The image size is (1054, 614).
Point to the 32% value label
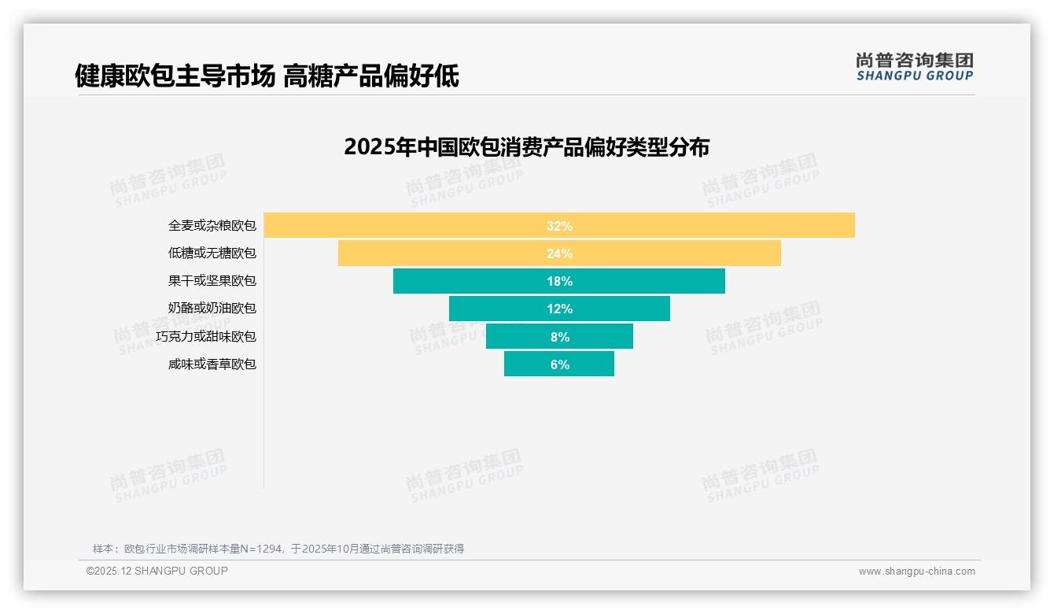[x=559, y=226]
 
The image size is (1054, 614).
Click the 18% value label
[x=559, y=281]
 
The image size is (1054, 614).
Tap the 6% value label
[x=559, y=364]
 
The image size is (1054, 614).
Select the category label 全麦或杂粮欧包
[x=212, y=226]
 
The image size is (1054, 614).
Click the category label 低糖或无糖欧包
[x=212, y=253]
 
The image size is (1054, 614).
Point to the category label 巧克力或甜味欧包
[x=206, y=337]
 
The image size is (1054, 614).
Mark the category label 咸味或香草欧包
[x=212, y=364]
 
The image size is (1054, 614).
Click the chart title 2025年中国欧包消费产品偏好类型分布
[x=526, y=147]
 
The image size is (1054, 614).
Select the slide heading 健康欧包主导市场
[x=175, y=76]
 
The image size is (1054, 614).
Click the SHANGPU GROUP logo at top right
[x=914, y=67]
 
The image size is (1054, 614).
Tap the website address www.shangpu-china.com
[x=916, y=571]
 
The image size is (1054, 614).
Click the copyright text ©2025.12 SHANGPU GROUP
[x=157, y=571]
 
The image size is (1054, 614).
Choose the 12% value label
[x=559, y=309]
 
